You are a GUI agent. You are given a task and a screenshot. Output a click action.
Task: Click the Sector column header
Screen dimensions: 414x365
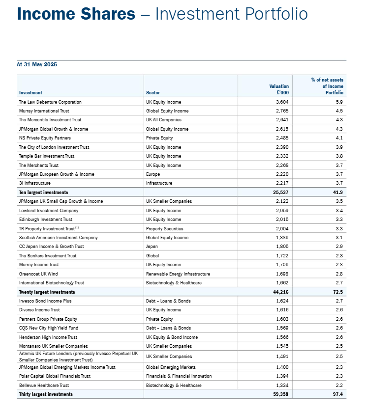[153, 92]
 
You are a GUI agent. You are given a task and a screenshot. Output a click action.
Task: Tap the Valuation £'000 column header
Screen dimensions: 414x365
[279, 89]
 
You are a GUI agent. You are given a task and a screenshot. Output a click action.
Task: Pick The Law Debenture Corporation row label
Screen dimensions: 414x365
[50, 102]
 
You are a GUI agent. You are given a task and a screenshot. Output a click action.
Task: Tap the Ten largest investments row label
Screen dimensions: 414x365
[43, 192]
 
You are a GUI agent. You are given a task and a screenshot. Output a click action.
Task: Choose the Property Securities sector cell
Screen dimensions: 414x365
[164, 228]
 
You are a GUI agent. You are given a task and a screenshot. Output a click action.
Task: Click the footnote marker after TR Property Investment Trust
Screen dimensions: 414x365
[77, 227]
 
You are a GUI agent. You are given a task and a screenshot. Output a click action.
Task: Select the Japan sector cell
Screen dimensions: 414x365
[152, 247]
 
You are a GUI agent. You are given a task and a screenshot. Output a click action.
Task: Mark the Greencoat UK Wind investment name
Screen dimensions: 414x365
[38, 274]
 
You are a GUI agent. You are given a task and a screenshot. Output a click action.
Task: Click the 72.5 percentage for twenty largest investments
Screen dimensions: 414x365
[338, 292]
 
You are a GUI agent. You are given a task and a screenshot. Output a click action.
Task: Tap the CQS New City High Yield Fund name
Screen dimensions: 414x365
[48, 328]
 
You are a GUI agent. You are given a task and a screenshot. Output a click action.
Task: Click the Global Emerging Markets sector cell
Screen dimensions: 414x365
[171, 367]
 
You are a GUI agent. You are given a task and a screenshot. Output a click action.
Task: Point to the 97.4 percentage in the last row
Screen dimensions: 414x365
[338, 394]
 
